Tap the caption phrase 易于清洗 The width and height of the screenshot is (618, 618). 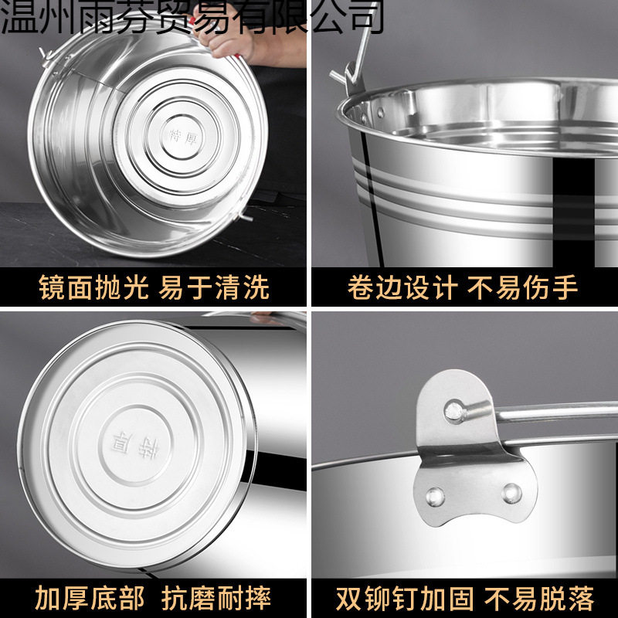tap(214, 287)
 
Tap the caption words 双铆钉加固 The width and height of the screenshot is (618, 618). tap(403, 597)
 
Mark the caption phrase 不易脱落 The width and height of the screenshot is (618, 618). tap(538, 597)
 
